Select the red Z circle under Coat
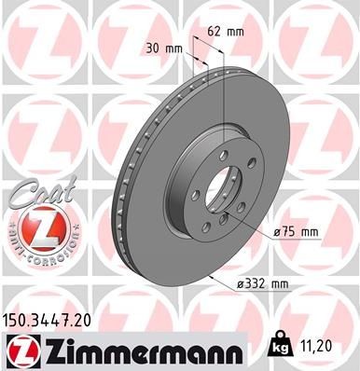(x=35, y=225)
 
